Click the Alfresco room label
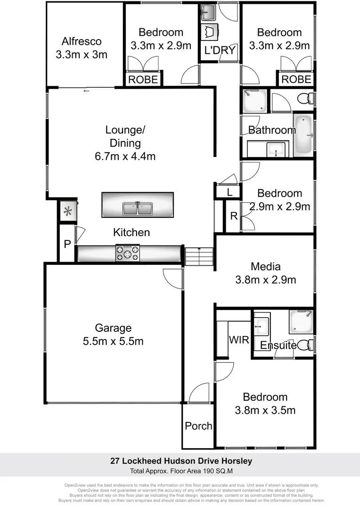pos(81,41)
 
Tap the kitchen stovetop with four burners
pos(128,254)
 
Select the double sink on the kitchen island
pos(138,208)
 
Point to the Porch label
pos(198,426)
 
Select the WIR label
pos(238,340)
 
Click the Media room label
pos(265,266)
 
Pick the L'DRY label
pos(220,50)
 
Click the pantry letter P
pos(67,244)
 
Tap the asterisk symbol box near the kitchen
pos(68,211)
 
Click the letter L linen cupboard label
pos(229,192)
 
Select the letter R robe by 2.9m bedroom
pos(233,216)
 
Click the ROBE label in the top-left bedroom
pos(143,79)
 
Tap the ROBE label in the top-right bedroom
pos(296,79)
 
